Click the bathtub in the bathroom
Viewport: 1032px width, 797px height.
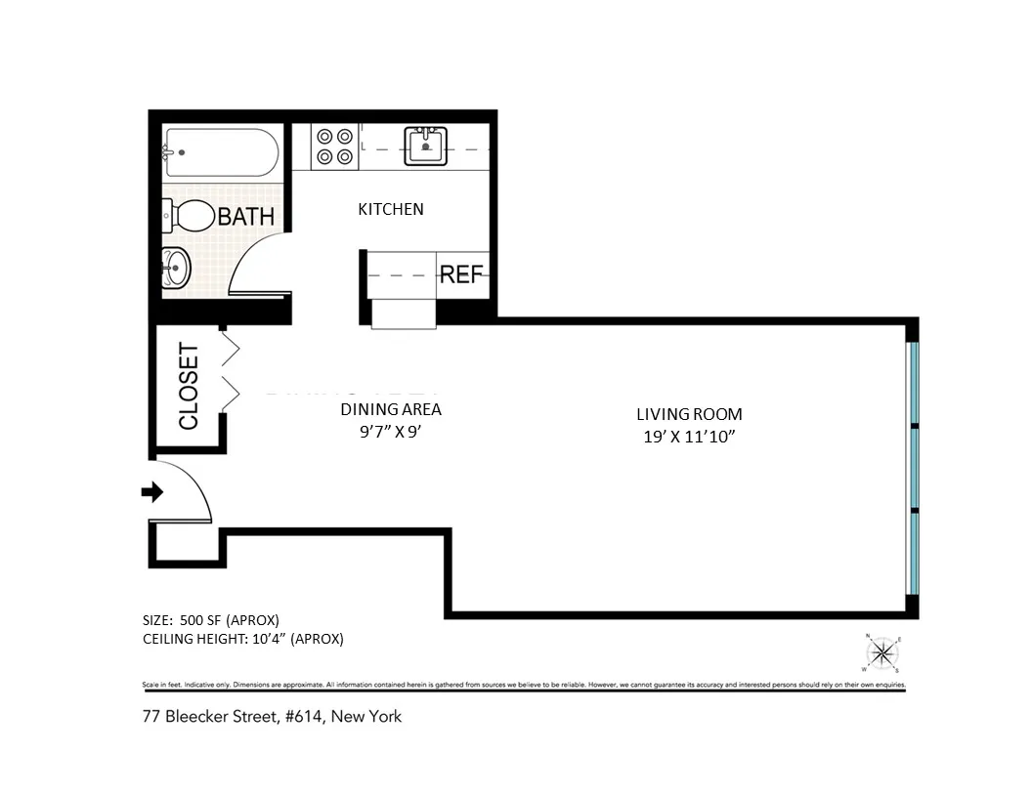(221, 153)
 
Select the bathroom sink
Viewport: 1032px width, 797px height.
(176, 267)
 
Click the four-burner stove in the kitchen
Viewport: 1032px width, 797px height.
(334, 147)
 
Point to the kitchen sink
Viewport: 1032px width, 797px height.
(426, 147)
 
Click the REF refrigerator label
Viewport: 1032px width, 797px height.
(461, 274)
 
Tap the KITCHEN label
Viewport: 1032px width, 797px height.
(391, 209)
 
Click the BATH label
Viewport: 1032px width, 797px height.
(246, 216)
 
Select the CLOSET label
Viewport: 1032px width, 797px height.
(189, 386)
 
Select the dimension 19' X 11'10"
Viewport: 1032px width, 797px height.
(683, 437)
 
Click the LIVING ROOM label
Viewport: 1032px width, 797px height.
(682, 414)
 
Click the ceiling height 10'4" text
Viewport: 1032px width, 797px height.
(242, 639)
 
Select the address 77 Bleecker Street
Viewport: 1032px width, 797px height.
(272, 716)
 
